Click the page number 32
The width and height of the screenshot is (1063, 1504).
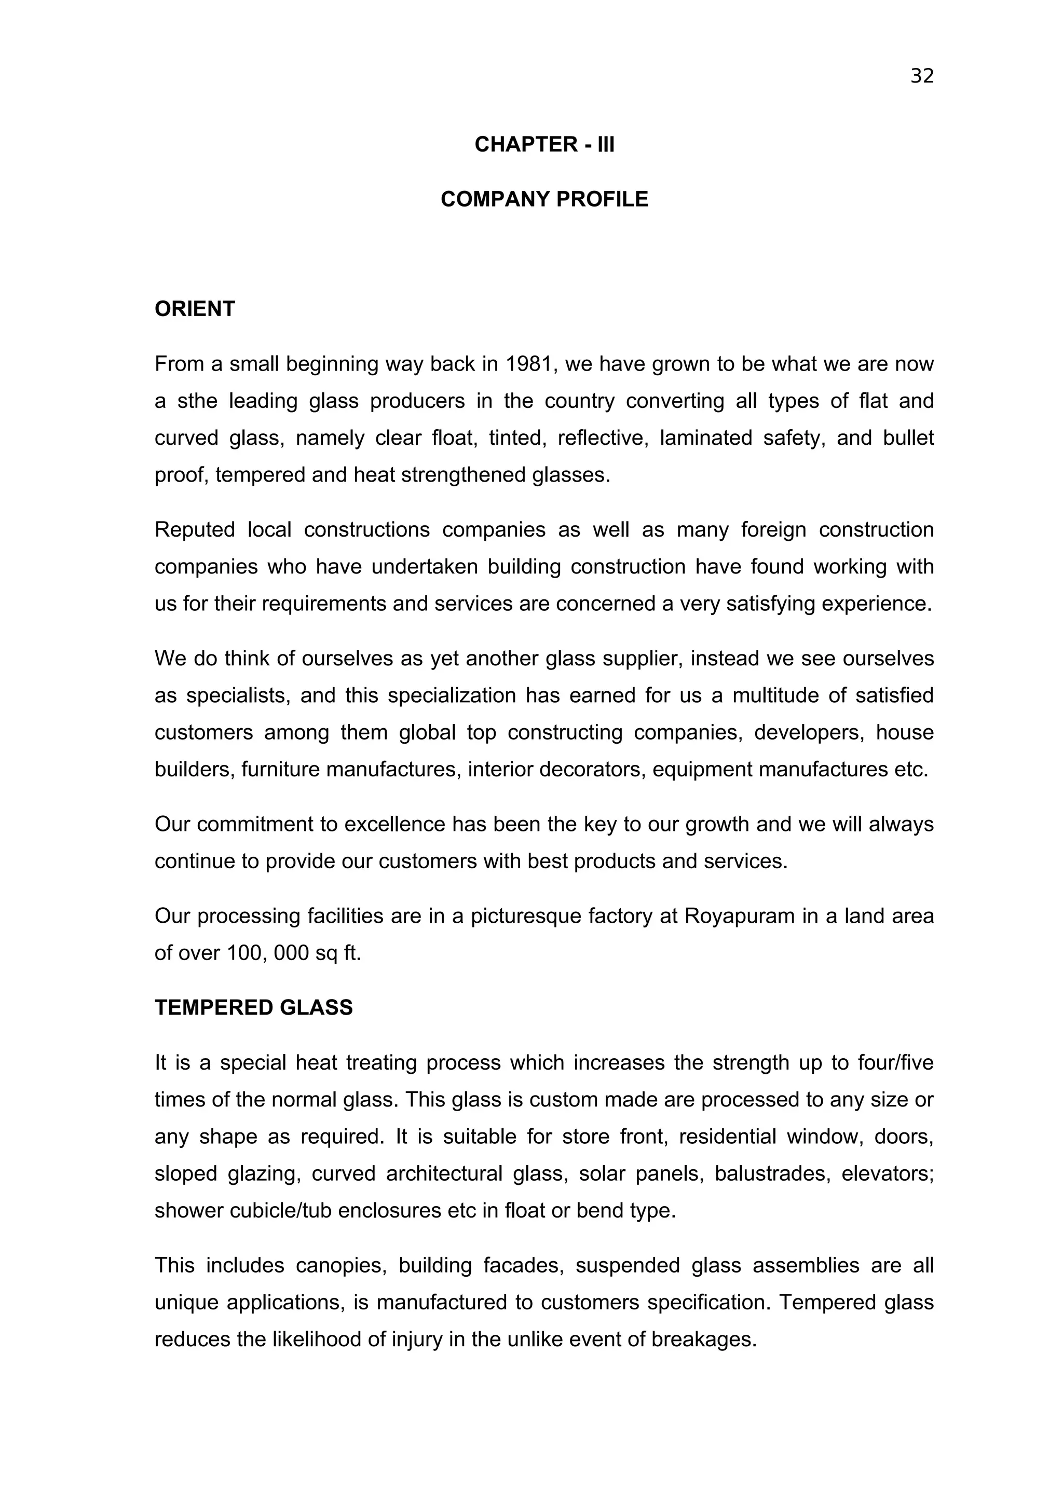(921, 77)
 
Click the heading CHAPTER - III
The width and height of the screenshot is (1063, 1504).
(544, 145)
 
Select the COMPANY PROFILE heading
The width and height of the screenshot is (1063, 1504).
(544, 199)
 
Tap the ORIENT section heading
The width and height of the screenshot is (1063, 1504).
(195, 309)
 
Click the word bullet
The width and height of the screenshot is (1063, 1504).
(908, 437)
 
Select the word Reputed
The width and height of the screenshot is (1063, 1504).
(195, 529)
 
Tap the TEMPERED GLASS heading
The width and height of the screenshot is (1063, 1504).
(253, 1007)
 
